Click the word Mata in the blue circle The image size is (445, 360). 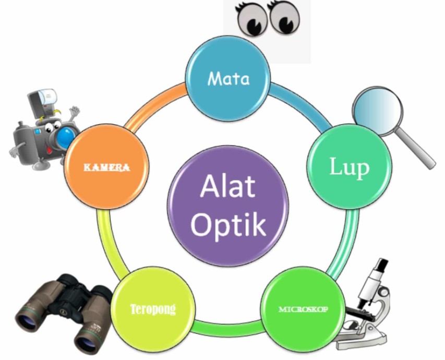tap(228, 79)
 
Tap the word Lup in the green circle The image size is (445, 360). tap(349, 167)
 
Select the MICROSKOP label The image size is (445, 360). tap(303, 309)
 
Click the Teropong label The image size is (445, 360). tap(153, 308)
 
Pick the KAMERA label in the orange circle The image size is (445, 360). tap(107, 167)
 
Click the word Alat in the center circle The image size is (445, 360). tap(228, 186)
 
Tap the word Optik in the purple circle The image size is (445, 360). tap(228, 224)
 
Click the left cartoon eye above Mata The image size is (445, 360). tap(252, 20)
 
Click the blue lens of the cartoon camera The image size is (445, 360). tap(66, 136)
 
